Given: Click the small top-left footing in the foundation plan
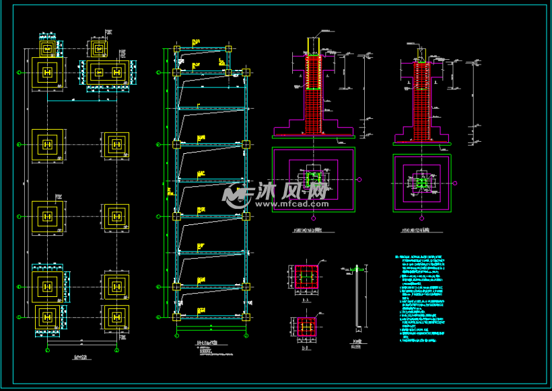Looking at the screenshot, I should (46, 48).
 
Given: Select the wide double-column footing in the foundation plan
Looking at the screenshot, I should (108, 72).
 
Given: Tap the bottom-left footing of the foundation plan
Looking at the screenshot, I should (47, 316).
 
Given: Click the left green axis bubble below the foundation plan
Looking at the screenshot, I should (47, 350).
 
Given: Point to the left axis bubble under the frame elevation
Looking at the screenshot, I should (177, 333).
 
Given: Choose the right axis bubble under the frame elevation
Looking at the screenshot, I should (246, 333).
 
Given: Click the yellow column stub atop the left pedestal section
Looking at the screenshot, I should (313, 46).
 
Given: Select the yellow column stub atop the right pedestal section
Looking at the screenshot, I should (421, 53).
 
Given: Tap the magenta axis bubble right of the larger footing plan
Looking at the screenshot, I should (360, 179).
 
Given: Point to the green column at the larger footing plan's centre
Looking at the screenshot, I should (313, 179).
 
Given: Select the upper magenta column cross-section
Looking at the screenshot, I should (306, 277).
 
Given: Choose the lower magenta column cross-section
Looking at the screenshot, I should (306, 327).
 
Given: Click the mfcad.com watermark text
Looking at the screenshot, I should (291, 203).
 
